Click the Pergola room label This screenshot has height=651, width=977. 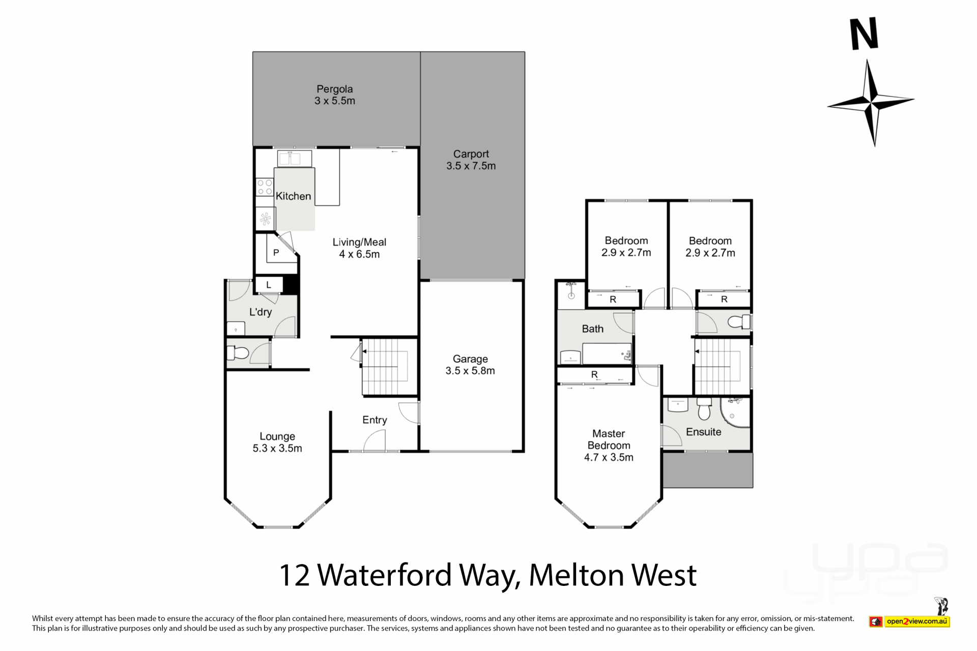click(x=334, y=89)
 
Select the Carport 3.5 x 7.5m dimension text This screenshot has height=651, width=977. click(x=471, y=166)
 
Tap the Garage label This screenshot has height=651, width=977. click(x=470, y=359)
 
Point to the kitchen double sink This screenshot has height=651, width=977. click(x=294, y=159)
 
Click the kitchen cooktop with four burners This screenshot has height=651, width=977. click(x=265, y=187)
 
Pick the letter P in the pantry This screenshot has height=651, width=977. click(x=276, y=252)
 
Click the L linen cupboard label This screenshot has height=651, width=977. click(x=268, y=285)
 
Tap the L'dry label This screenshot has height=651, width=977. click(x=260, y=312)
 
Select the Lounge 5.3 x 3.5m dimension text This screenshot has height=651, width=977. click(x=277, y=448)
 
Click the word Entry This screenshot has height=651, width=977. click(x=375, y=420)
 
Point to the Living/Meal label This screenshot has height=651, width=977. click(x=359, y=242)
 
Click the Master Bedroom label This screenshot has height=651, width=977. click(x=609, y=439)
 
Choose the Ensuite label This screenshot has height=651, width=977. click(x=703, y=432)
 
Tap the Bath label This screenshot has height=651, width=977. click(x=593, y=329)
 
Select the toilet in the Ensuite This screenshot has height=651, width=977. click(x=704, y=408)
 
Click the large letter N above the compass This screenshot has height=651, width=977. click(x=865, y=34)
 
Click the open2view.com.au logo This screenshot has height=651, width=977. click(x=909, y=621)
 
